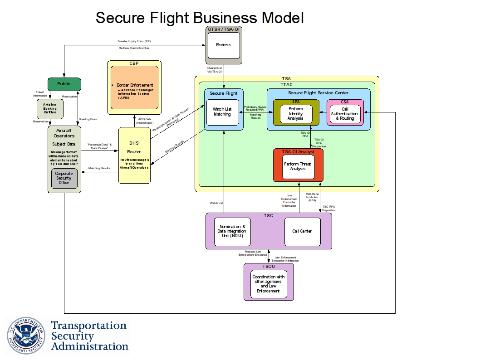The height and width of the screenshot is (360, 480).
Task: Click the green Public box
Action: pyautogui.click(x=64, y=84)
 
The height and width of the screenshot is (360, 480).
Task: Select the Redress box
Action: pyautogui.click(x=223, y=45)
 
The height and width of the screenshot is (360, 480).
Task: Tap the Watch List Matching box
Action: pyautogui.click(x=222, y=112)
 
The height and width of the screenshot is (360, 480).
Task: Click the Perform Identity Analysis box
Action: pyautogui.click(x=295, y=113)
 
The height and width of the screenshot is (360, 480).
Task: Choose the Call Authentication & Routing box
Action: pyautogui.click(x=344, y=114)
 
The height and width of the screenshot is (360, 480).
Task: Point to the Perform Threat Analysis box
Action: pyautogui.click(x=298, y=166)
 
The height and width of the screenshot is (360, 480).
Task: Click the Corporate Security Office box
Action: pyautogui.click(x=64, y=178)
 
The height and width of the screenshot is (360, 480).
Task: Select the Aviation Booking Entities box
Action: pyautogui.click(x=49, y=109)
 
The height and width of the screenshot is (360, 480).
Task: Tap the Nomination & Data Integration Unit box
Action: pyautogui.click(x=232, y=231)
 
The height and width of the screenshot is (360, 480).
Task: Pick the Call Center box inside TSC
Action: pyautogui.click(x=302, y=231)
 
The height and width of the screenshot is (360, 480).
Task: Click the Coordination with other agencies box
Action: pyautogui.click(x=269, y=284)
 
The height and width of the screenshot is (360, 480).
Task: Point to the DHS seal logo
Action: pyautogui.click(x=26, y=336)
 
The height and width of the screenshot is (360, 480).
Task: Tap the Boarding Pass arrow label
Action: pyautogui.click(x=87, y=119)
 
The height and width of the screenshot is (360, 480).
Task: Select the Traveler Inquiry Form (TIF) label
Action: pyautogui.click(x=134, y=41)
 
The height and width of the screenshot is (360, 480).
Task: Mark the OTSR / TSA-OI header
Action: pyautogui.click(x=224, y=29)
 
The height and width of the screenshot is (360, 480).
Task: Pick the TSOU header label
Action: pyautogui.click(x=269, y=267)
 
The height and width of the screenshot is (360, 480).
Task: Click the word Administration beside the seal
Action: pyautogui.click(x=90, y=346)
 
